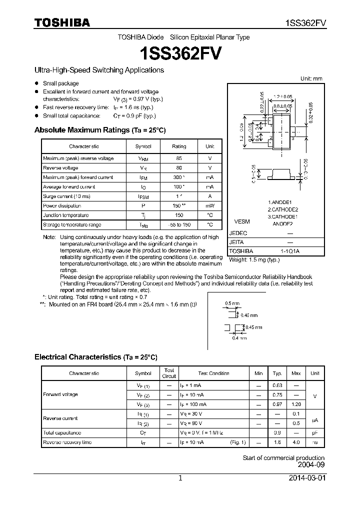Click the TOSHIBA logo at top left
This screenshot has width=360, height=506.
(62, 22)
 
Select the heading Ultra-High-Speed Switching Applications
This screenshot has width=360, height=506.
(99, 70)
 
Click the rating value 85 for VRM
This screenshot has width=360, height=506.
(178, 158)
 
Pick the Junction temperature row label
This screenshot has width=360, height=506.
(62, 215)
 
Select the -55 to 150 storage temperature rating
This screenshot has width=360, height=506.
(179, 224)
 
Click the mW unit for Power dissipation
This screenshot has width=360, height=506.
(209, 205)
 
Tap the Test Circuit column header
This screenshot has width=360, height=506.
(169, 373)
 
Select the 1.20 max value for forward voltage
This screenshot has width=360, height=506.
(296, 404)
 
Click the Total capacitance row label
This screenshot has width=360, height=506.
(62, 432)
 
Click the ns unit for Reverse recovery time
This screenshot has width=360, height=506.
(314, 442)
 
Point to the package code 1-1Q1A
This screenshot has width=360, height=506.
(289, 251)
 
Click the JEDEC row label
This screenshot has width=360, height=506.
(238, 233)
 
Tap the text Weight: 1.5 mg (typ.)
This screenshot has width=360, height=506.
(254, 260)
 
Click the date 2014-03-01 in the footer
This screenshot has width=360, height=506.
(306, 478)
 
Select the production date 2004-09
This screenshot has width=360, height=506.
(311, 464)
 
